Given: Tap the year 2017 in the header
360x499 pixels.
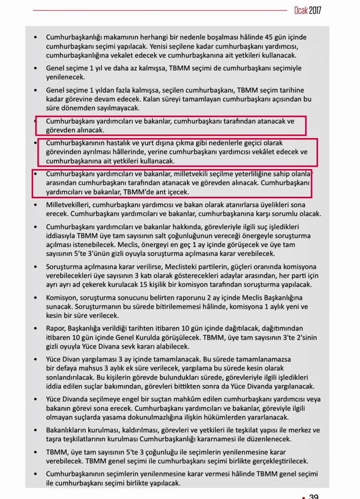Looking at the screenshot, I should point(315,10).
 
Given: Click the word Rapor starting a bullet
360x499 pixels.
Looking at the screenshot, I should point(56,328).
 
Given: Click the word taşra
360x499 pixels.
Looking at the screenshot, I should point(55,438).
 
